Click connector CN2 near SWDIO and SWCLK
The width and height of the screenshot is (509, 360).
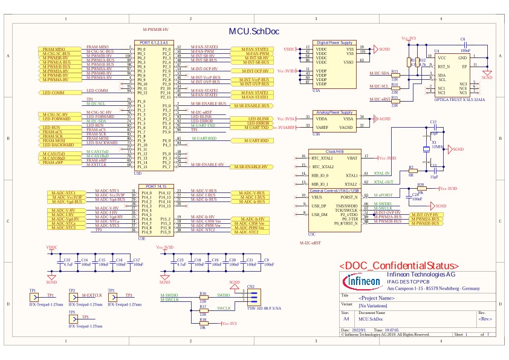[251, 296]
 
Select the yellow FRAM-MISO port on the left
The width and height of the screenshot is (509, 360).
[59, 48]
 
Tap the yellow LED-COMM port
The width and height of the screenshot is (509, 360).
[59, 93]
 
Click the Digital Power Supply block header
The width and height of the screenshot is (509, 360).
[335, 43]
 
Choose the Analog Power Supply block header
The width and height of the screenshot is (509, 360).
[335, 112]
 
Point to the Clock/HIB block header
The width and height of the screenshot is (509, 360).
[335, 152]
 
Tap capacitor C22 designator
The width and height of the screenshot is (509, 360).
[67, 260]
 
